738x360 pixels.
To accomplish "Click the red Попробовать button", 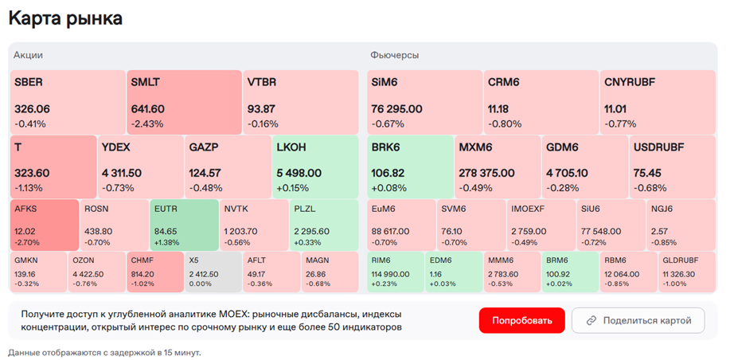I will (x=521, y=320).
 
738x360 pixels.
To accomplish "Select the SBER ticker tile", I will (x=67, y=101).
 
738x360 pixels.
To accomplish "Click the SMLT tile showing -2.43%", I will (x=183, y=101).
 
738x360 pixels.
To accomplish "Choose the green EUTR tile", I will (x=184, y=224).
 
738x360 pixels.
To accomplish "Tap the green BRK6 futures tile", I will (x=408, y=166).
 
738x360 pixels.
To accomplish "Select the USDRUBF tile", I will (x=671, y=166).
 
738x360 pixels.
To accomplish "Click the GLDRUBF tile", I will (x=687, y=271).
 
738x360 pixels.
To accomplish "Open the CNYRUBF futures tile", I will (x=658, y=101).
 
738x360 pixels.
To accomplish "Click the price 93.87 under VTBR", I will (x=261, y=109).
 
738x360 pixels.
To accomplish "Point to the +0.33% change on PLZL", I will (x=307, y=242).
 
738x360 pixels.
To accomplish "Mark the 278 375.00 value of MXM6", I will (x=487, y=173).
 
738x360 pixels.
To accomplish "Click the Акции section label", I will (x=28, y=55).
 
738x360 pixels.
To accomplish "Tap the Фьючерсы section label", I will (x=394, y=55).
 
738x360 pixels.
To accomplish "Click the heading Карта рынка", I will (x=65, y=18).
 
